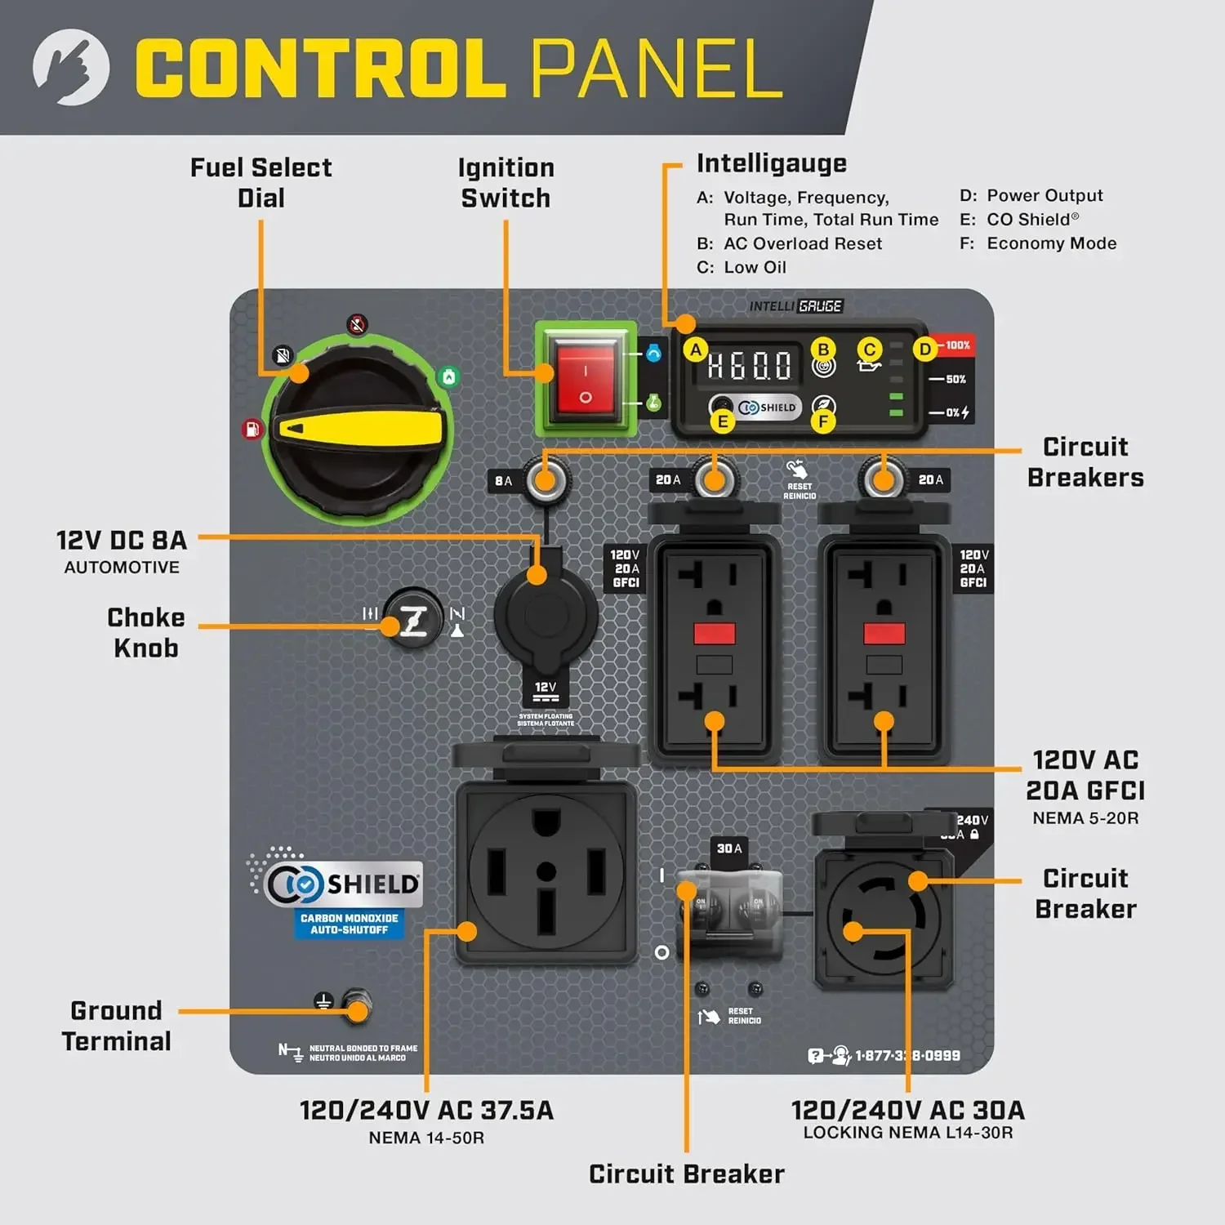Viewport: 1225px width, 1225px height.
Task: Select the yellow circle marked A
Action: (695, 350)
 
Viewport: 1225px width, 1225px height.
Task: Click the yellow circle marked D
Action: (924, 350)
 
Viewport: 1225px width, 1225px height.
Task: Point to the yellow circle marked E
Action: (723, 421)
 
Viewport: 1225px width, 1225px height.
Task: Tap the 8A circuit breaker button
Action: (545, 480)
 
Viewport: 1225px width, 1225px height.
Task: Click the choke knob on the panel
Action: (412, 618)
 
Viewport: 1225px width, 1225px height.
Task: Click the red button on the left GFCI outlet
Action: (715, 634)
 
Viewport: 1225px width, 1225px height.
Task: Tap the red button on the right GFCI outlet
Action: (884, 634)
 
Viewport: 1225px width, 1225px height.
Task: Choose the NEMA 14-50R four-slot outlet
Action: (546, 871)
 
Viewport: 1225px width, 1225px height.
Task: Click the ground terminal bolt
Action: (357, 1004)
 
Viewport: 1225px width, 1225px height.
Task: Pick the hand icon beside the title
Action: (71, 67)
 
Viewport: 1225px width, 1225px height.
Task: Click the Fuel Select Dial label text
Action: (261, 183)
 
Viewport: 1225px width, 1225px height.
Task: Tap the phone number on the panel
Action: (907, 1056)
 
